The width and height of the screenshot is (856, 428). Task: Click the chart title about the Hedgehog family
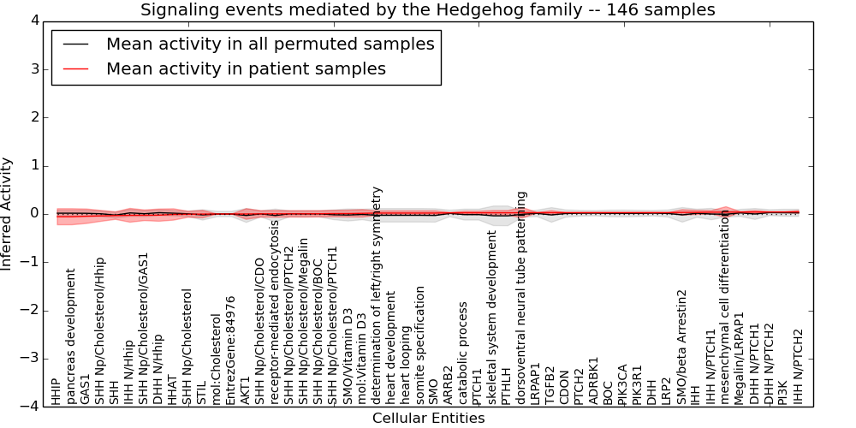click(x=427, y=10)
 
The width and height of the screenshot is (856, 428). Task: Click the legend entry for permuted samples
click(x=270, y=45)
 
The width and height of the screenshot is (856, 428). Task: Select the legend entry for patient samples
click(x=246, y=68)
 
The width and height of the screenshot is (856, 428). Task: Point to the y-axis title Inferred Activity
click(x=8, y=214)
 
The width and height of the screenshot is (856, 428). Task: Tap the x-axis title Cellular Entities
click(x=428, y=419)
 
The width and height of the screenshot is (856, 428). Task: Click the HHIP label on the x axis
click(x=56, y=390)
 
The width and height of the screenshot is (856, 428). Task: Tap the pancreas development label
click(x=71, y=336)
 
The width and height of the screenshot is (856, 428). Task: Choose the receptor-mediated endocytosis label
click(x=275, y=312)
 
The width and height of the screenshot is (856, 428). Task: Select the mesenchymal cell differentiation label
click(x=726, y=306)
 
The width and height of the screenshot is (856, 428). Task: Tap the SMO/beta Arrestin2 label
click(x=682, y=346)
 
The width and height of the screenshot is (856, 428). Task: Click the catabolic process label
click(x=464, y=352)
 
